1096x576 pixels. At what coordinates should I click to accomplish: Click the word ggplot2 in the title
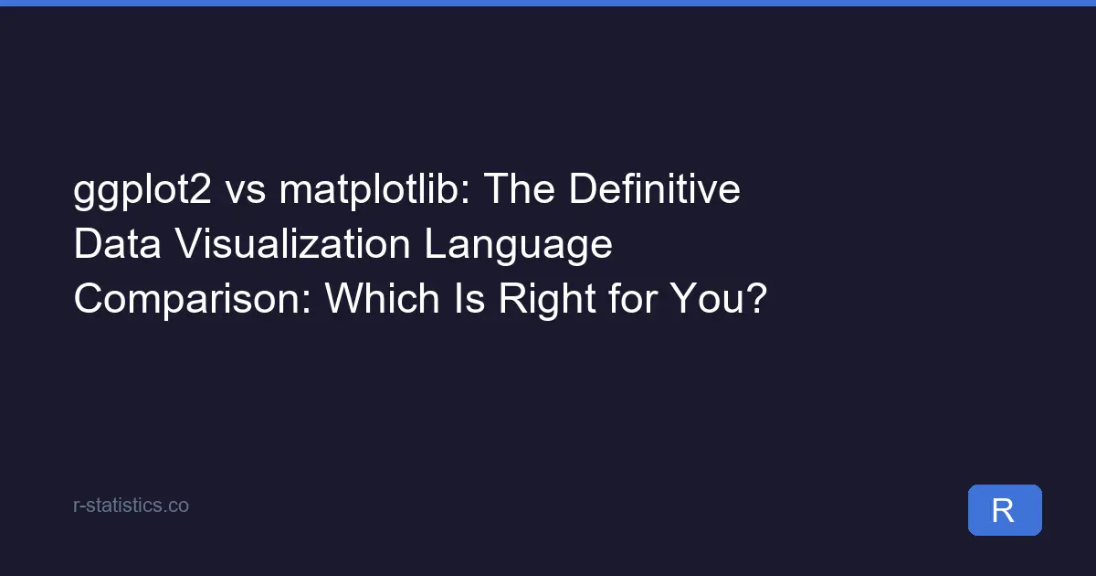[x=143, y=193]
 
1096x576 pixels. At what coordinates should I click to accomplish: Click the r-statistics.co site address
[x=131, y=505]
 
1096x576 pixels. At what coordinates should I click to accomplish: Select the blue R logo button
[x=1005, y=510]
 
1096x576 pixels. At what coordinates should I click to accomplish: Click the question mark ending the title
[x=753, y=299]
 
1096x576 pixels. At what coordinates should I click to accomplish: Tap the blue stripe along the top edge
[x=548, y=3]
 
